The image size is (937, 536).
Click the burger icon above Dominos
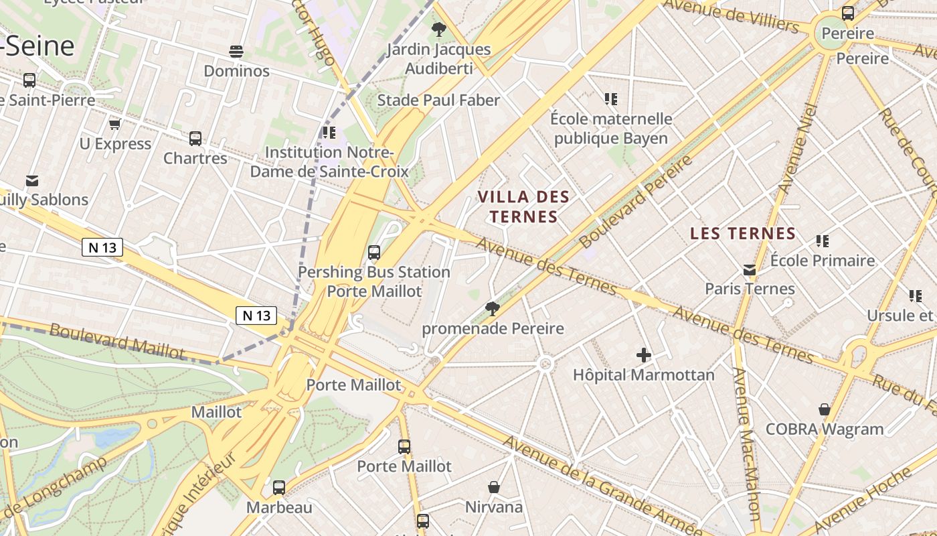pyautogui.click(x=236, y=52)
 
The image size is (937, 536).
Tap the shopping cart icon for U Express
pyautogui.click(x=114, y=125)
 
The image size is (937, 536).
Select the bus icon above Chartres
pyautogui.click(x=195, y=139)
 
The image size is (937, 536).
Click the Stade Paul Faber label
pyautogui.click(x=438, y=100)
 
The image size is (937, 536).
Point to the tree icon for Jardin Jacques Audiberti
pyautogui.click(x=439, y=29)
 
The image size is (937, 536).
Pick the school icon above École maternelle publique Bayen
pyautogui.click(x=610, y=99)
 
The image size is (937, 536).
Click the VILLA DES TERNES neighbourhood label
pyautogui.click(x=523, y=206)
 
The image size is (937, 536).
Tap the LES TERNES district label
pyautogui.click(x=742, y=234)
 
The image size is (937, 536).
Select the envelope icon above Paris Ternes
pyautogui.click(x=750, y=270)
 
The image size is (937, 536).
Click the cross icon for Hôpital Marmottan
pyautogui.click(x=644, y=355)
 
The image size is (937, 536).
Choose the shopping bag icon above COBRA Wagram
pyautogui.click(x=825, y=409)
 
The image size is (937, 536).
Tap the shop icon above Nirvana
pyautogui.click(x=494, y=487)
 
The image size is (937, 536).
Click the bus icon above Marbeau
pyautogui.click(x=279, y=488)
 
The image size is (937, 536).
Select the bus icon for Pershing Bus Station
pyautogui.click(x=374, y=253)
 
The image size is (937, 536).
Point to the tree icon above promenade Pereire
pyautogui.click(x=493, y=309)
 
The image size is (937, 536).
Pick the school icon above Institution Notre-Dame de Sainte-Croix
pyautogui.click(x=329, y=133)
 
